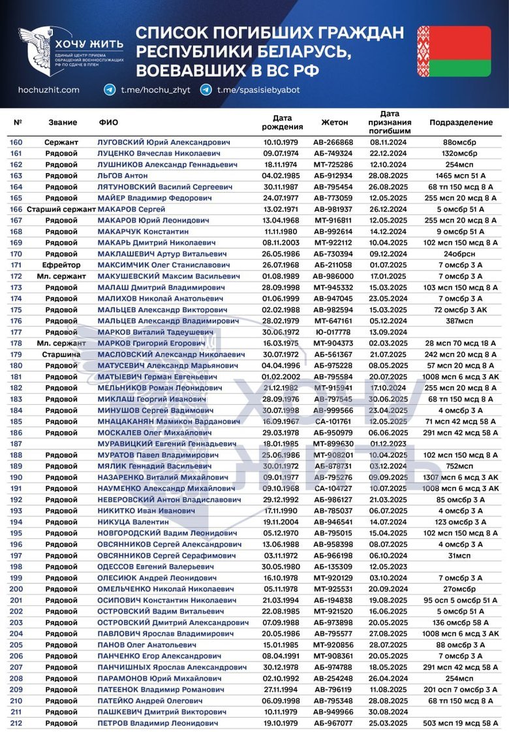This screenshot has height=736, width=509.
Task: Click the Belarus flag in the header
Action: (454, 52)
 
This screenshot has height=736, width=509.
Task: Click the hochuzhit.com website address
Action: (49, 90)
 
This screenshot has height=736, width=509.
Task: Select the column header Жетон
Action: (335, 122)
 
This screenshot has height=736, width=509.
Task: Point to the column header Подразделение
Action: (461, 122)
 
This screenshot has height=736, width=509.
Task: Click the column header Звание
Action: (63, 122)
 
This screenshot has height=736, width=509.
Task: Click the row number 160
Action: (16, 142)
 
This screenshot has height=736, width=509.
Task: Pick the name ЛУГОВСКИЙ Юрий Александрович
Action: (164, 142)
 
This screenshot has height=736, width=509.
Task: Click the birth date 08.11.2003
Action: (283, 242)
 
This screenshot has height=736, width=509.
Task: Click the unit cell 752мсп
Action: (461, 466)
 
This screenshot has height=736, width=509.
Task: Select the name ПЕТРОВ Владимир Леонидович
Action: (159, 724)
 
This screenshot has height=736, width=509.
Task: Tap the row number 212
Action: (16, 724)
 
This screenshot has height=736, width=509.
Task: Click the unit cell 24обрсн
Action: (461, 253)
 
